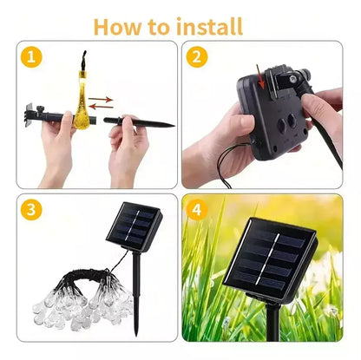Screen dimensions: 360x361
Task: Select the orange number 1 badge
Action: pos(32,59)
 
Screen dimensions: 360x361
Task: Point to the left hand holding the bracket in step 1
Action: pos(56,147)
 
